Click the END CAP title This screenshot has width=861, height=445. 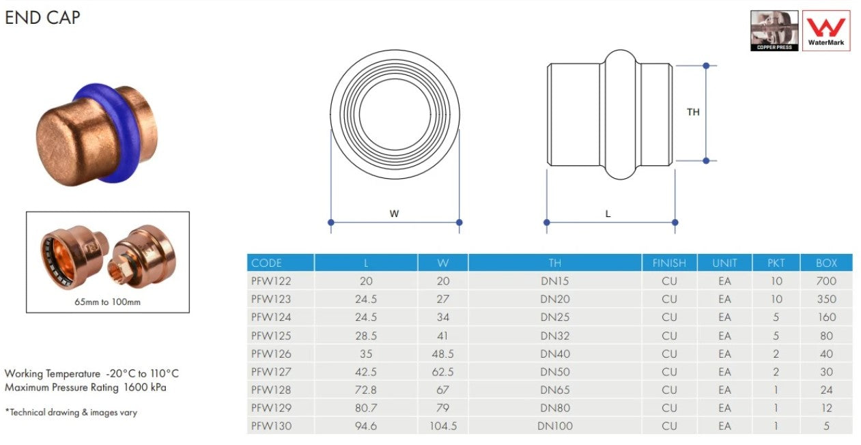pos(42,18)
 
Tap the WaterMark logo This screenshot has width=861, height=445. pos(826,31)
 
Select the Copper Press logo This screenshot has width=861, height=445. pos(774,31)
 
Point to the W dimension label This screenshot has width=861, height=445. pos(395,214)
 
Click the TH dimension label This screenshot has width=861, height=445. pos(693,112)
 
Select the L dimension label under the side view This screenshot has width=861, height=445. pos(608,214)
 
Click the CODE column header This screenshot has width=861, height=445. pos(266,263)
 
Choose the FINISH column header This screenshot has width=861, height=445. pos(669,263)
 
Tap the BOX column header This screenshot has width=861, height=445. pos(826,263)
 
